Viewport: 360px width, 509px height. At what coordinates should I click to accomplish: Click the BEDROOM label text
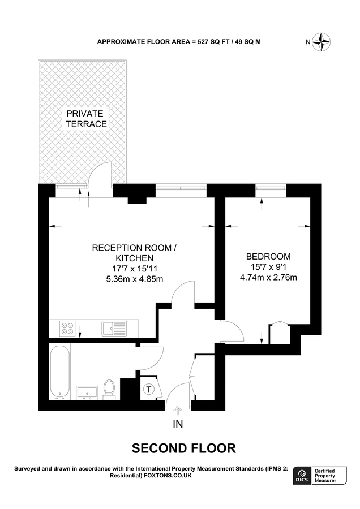[269, 256]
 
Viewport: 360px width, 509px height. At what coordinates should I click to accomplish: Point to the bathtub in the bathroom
[60, 372]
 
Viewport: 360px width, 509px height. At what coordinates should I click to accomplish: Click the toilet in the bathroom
[110, 389]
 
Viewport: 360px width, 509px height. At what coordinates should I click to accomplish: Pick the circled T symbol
[149, 389]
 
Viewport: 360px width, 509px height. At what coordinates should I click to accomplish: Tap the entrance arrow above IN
[179, 410]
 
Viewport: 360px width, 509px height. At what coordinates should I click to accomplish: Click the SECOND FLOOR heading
[183, 448]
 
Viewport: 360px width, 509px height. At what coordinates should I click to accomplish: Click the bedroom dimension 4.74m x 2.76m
[269, 277]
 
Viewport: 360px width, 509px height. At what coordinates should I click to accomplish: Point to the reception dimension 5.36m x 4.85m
[135, 278]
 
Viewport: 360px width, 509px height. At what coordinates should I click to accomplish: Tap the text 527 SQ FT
[213, 41]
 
